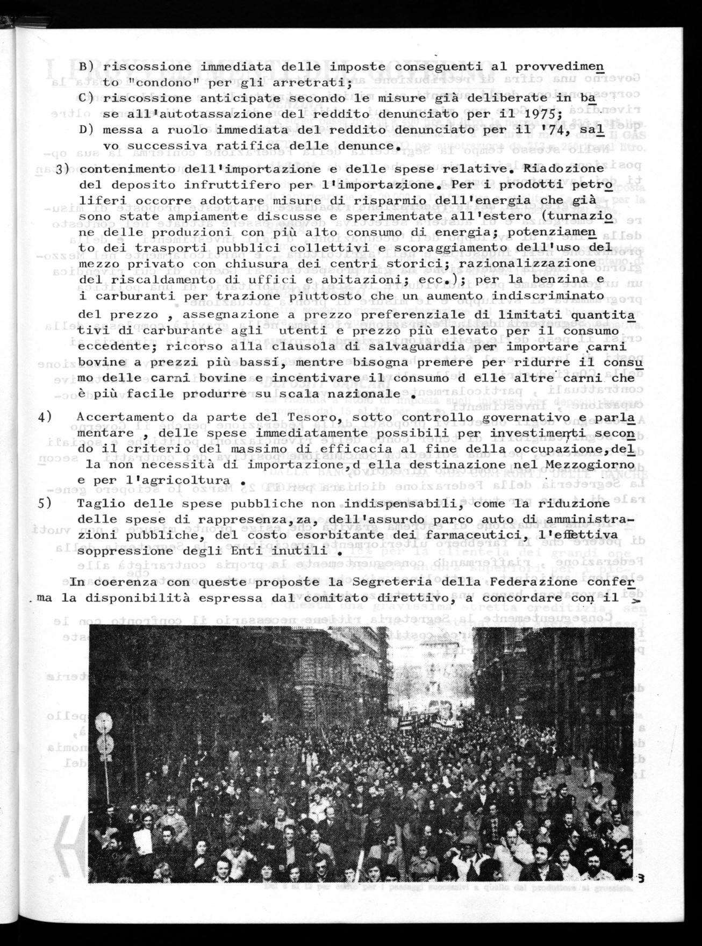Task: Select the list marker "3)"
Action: [64, 168]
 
